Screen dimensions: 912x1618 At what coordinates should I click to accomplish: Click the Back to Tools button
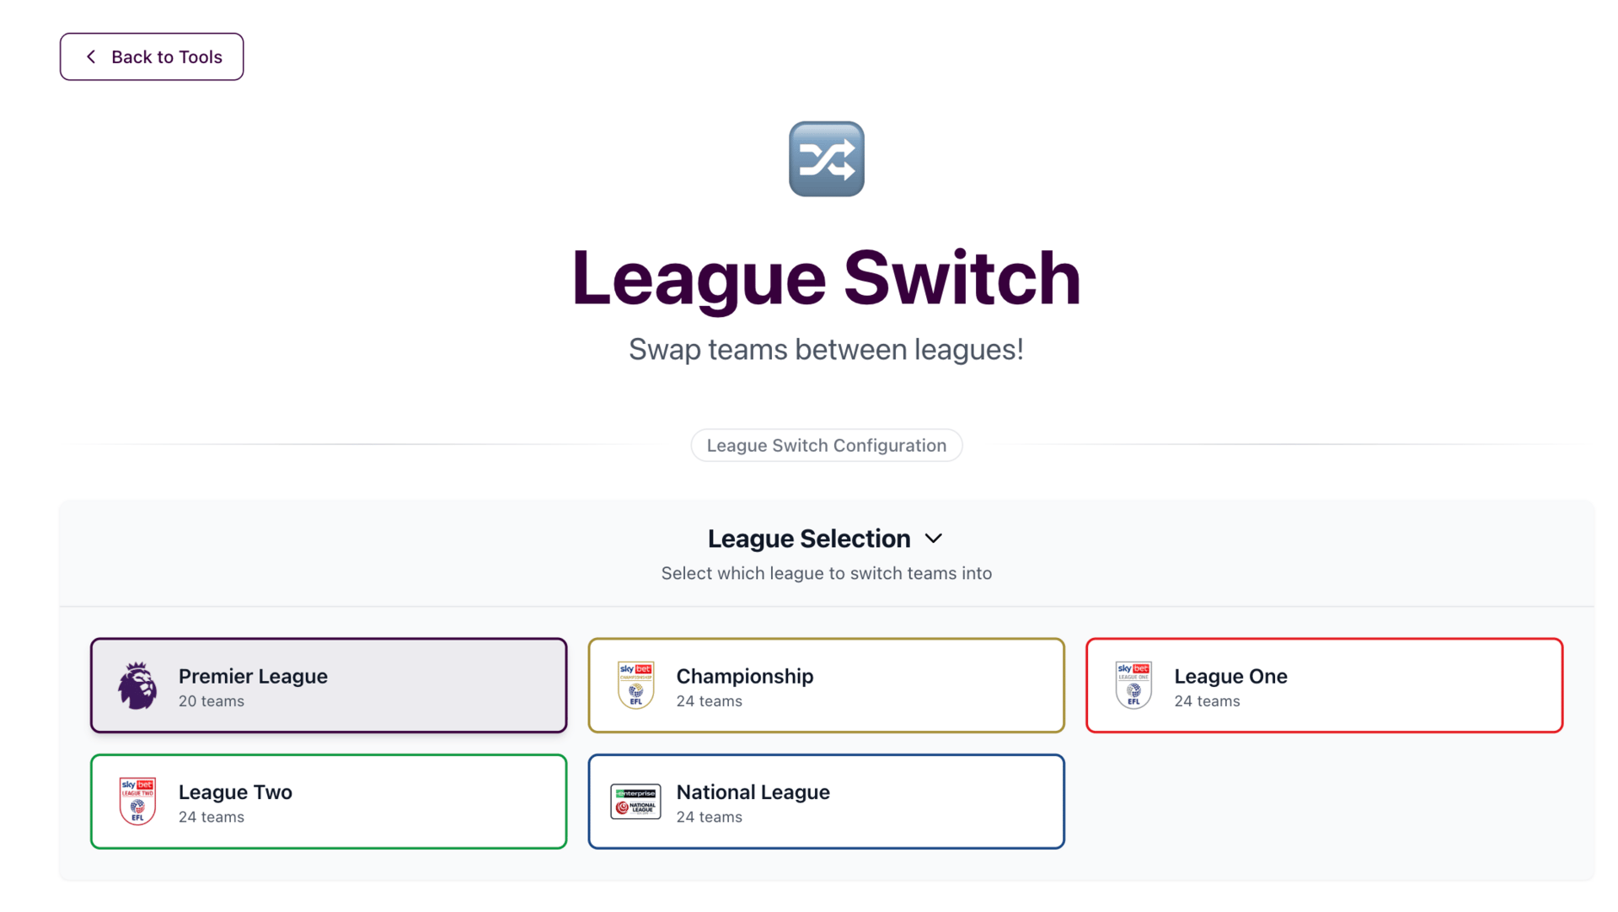[x=152, y=56]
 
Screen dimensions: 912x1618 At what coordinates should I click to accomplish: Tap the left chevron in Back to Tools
[x=91, y=56]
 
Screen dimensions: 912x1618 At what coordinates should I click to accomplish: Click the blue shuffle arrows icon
[x=826, y=159]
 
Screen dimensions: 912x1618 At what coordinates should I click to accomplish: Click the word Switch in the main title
[x=962, y=278]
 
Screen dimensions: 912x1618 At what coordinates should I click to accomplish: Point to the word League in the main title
[x=699, y=278]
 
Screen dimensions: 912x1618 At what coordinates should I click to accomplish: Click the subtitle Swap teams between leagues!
[x=826, y=349]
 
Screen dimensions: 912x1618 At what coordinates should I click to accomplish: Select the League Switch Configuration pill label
[x=826, y=445]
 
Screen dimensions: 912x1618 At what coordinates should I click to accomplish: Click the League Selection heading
[x=809, y=539]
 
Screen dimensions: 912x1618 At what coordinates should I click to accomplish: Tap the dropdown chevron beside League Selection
[x=933, y=539]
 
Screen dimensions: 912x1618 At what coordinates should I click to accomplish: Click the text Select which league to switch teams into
[x=826, y=573]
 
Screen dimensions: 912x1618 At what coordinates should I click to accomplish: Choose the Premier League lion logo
[x=137, y=685]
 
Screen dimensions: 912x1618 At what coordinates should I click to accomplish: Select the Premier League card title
[x=253, y=676]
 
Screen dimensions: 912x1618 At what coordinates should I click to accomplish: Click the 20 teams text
[x=212, y=701]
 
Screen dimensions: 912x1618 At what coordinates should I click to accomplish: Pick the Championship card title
[x=745, y=676]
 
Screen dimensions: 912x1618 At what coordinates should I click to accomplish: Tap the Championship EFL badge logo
[x=635, y=685]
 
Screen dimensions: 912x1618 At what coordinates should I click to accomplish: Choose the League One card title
[x=1230, y=676]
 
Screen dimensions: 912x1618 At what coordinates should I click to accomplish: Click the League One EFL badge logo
[x=1133, y=685]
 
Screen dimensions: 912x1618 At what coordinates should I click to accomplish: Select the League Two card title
[x=235, y=792]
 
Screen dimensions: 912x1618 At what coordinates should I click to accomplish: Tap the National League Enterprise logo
[x=635, y=802]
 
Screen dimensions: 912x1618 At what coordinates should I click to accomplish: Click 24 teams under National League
[x=710, y=817]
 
